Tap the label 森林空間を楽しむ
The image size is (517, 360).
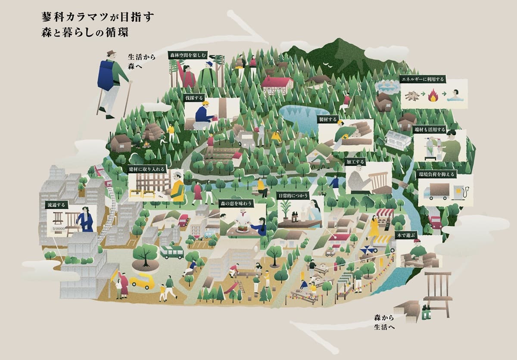coord(188,56)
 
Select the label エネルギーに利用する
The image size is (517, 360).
coord(422,79)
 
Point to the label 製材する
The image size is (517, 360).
coord(329,119)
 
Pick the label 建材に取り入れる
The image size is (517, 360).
coord(147,169)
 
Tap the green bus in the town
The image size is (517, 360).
coord(172,252)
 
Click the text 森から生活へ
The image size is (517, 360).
coord(385,322)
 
